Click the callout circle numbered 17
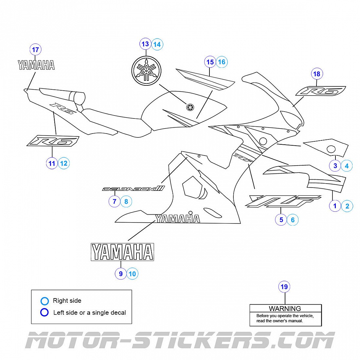[x=35, y=50]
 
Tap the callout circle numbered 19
[x=284, y=287]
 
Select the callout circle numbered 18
[x=316, y=74]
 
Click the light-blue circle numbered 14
[x=157, y=44]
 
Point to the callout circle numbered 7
[x=114, y=201]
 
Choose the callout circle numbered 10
[x=132, y=274]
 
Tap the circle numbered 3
[x=335, y=166]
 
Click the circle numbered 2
[x=347, y=206]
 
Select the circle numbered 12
[x=64, y=163]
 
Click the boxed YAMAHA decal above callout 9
[x=122, y=252]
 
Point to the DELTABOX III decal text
[x=133, y=189]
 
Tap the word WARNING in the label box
[x=285, y=309]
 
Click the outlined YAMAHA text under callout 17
[x=36, y=65]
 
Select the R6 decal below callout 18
[x=321, y=91]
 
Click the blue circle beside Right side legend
[x=45, y=301]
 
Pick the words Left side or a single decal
[x=89, y=313]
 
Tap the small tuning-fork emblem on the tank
[x=190, y=107]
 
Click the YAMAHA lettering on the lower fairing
[x=177, y=218]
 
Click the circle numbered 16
[x=222, y=62]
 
